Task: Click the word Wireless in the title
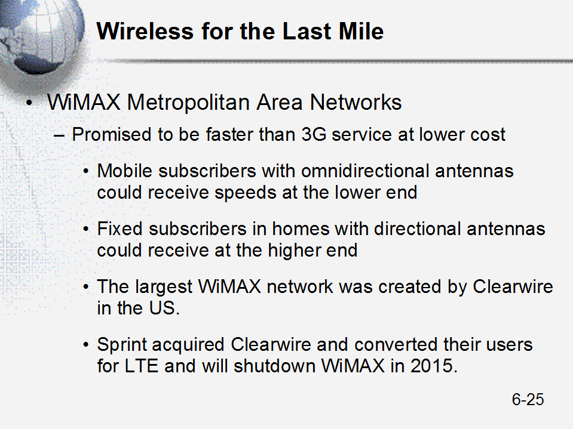point(145,31)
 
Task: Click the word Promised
point(112,134)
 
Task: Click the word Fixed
point(120,229)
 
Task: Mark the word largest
point(163,287)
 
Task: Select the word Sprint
point(124,345)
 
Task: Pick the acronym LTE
point(142,366)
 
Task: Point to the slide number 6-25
point(528,399)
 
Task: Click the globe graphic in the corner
point(39,38)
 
